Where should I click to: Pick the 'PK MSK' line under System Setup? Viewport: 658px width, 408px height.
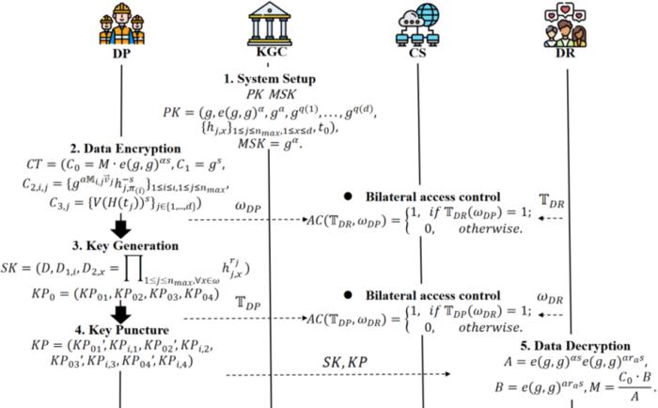[x=271, y=96]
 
